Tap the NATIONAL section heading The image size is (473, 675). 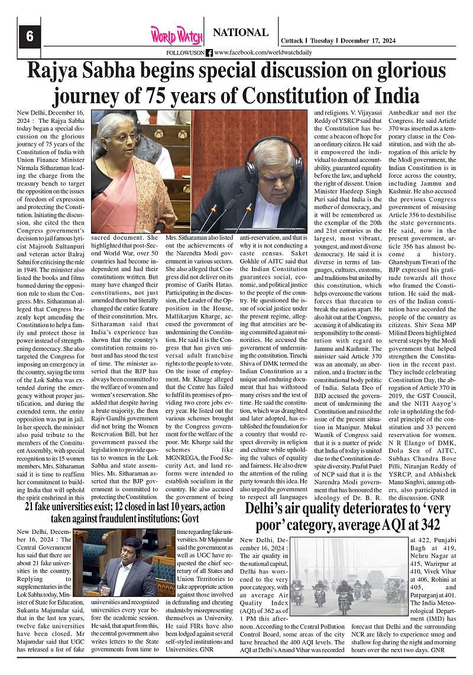click(x=240, y=32)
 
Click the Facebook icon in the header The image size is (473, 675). click(x=209, y=53)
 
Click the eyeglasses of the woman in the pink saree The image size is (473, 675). click(x=125, y=138)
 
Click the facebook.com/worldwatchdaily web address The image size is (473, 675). click(x=255, y=53)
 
